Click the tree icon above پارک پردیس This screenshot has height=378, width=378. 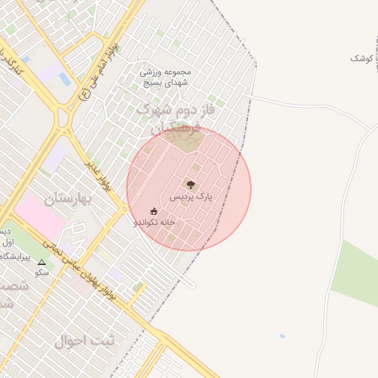(191, 185)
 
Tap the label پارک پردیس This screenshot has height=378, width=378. (191, 197)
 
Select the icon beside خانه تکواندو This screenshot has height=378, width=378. (154, 212)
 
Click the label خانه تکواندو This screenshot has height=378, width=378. (154, 222)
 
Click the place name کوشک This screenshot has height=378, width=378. (362, 58)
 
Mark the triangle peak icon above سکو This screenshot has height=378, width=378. (41, 262)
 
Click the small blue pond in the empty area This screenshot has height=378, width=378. (282, 336)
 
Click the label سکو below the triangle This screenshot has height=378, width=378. (41, 272)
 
